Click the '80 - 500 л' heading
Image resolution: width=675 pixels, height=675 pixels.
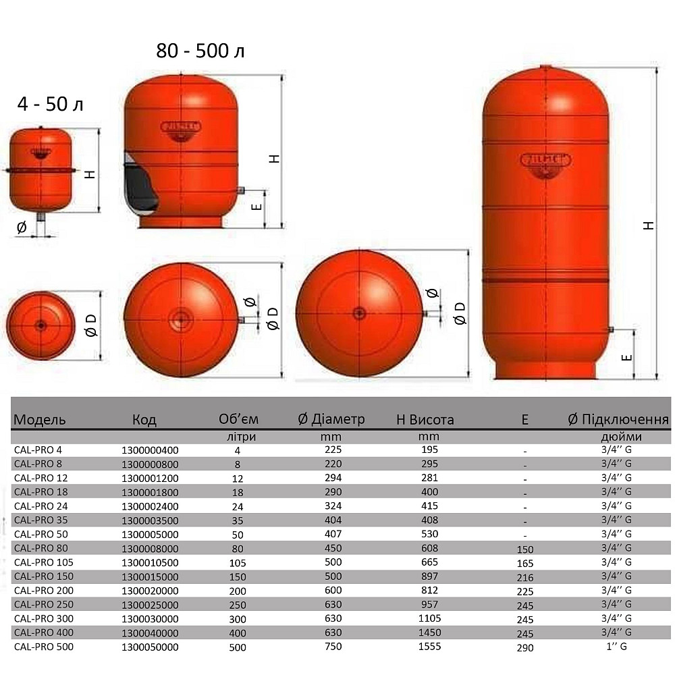click(x=200, y=51)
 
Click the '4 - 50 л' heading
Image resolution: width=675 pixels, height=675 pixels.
click(x=51, y=105)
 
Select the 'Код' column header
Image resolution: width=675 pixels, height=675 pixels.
click(x=144, y=420)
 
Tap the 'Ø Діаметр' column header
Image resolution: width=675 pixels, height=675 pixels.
click(x=331, y=419)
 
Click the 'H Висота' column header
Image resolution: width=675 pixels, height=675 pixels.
click(x=425, y=420)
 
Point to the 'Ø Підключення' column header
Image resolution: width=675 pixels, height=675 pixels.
click(x=618, y=419)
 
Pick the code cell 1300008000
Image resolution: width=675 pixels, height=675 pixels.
click(x=149, y=548)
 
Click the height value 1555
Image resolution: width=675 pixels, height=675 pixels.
click(x=429, y=647)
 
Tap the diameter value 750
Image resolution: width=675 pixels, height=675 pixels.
click(x=333, y=647)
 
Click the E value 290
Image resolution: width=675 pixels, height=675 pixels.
click(x=524, y=648)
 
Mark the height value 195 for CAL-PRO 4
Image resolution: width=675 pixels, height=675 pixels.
click(x=429, y=450)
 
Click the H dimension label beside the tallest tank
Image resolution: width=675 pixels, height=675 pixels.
click(x=649, y=225)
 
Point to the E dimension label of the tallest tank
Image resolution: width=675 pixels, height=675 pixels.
click(x=627, y=356)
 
